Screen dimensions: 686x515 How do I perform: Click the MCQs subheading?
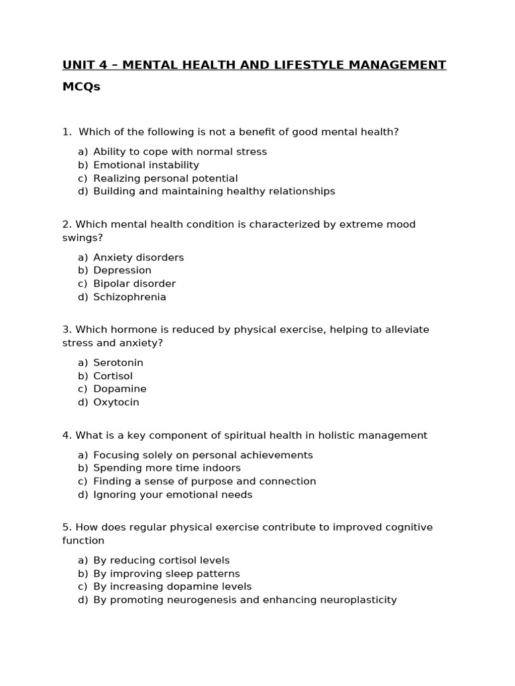pos(81,87)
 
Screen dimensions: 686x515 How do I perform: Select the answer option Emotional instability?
pos(146,165)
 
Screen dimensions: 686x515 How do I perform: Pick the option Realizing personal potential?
pos(165,178)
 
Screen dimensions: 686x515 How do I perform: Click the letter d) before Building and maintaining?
pos(82,191)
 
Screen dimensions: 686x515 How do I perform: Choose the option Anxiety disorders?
pos(138,257)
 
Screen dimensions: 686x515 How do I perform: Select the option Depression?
pos(122,270)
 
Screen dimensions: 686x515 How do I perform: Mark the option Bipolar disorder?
pos(134,283)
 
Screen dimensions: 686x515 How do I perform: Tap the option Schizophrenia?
pos(129,297)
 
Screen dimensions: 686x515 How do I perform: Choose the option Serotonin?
pos(118,362)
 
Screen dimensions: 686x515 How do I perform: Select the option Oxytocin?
pos(116,402)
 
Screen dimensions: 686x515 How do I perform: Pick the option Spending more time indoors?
pos(167,468)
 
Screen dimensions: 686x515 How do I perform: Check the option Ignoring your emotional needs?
pos(173,494)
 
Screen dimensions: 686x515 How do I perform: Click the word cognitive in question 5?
pos(408,527)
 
